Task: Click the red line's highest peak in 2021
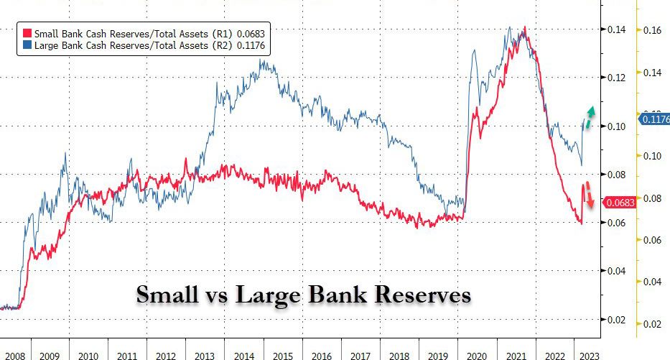(x=525, y=28)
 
